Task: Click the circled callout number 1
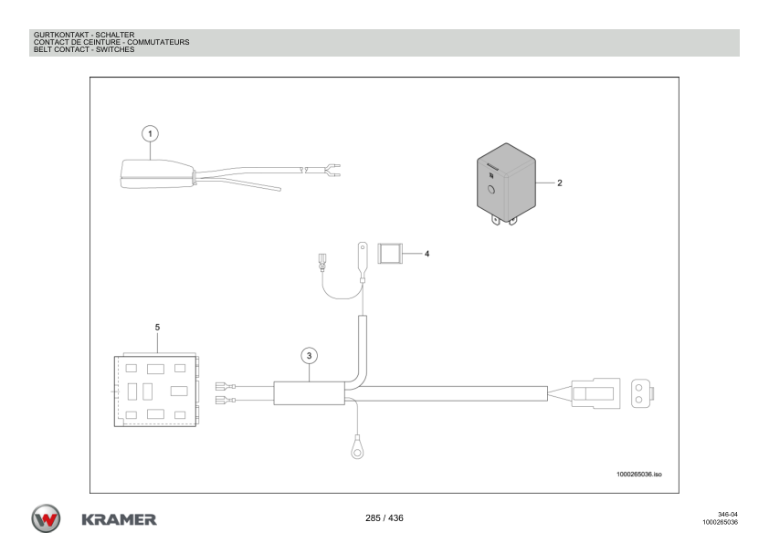click(153, 132)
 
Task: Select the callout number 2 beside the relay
click(560, 183)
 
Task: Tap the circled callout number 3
click(310, 354)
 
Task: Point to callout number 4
click(427, 253)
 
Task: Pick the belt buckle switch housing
click(155, 173)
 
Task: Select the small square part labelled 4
click(391, 253)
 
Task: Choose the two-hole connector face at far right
click(640, 392)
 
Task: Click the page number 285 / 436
click(383, 517)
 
